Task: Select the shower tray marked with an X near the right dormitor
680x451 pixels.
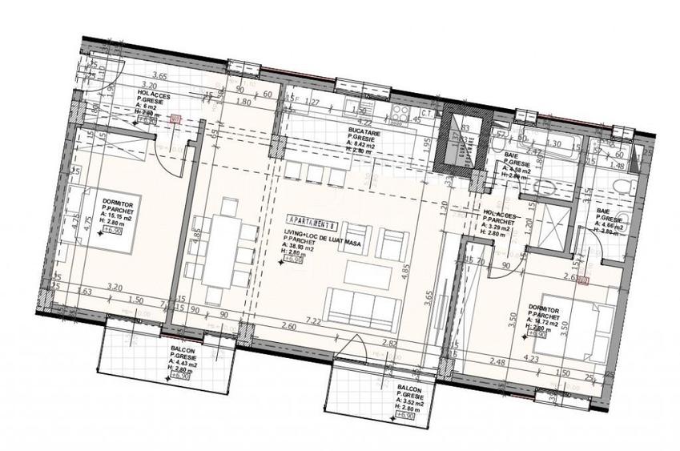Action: coord(551,228)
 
